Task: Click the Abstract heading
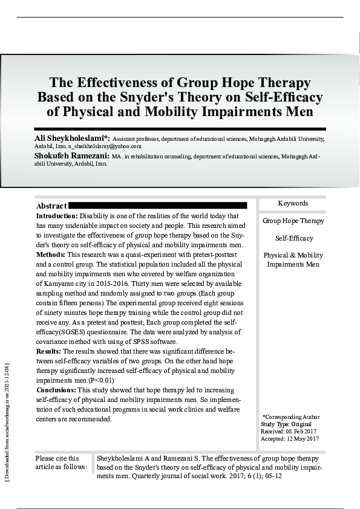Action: tap(51, 206)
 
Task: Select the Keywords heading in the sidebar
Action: tap(293, 204)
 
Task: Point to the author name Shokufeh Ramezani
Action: tap(71, 155)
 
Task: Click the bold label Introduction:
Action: tap(57, 216)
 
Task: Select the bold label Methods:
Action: tap(51, 254)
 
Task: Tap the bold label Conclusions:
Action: tap(56, 390)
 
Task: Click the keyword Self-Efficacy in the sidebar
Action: tap(293, 238)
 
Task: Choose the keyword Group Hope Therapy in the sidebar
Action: tap(293, 221)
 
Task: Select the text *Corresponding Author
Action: tap(291, 417)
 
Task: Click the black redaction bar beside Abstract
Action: tap(158, 206)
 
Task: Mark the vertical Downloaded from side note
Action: tap(7, 423)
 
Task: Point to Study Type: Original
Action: tap(286, 424)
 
